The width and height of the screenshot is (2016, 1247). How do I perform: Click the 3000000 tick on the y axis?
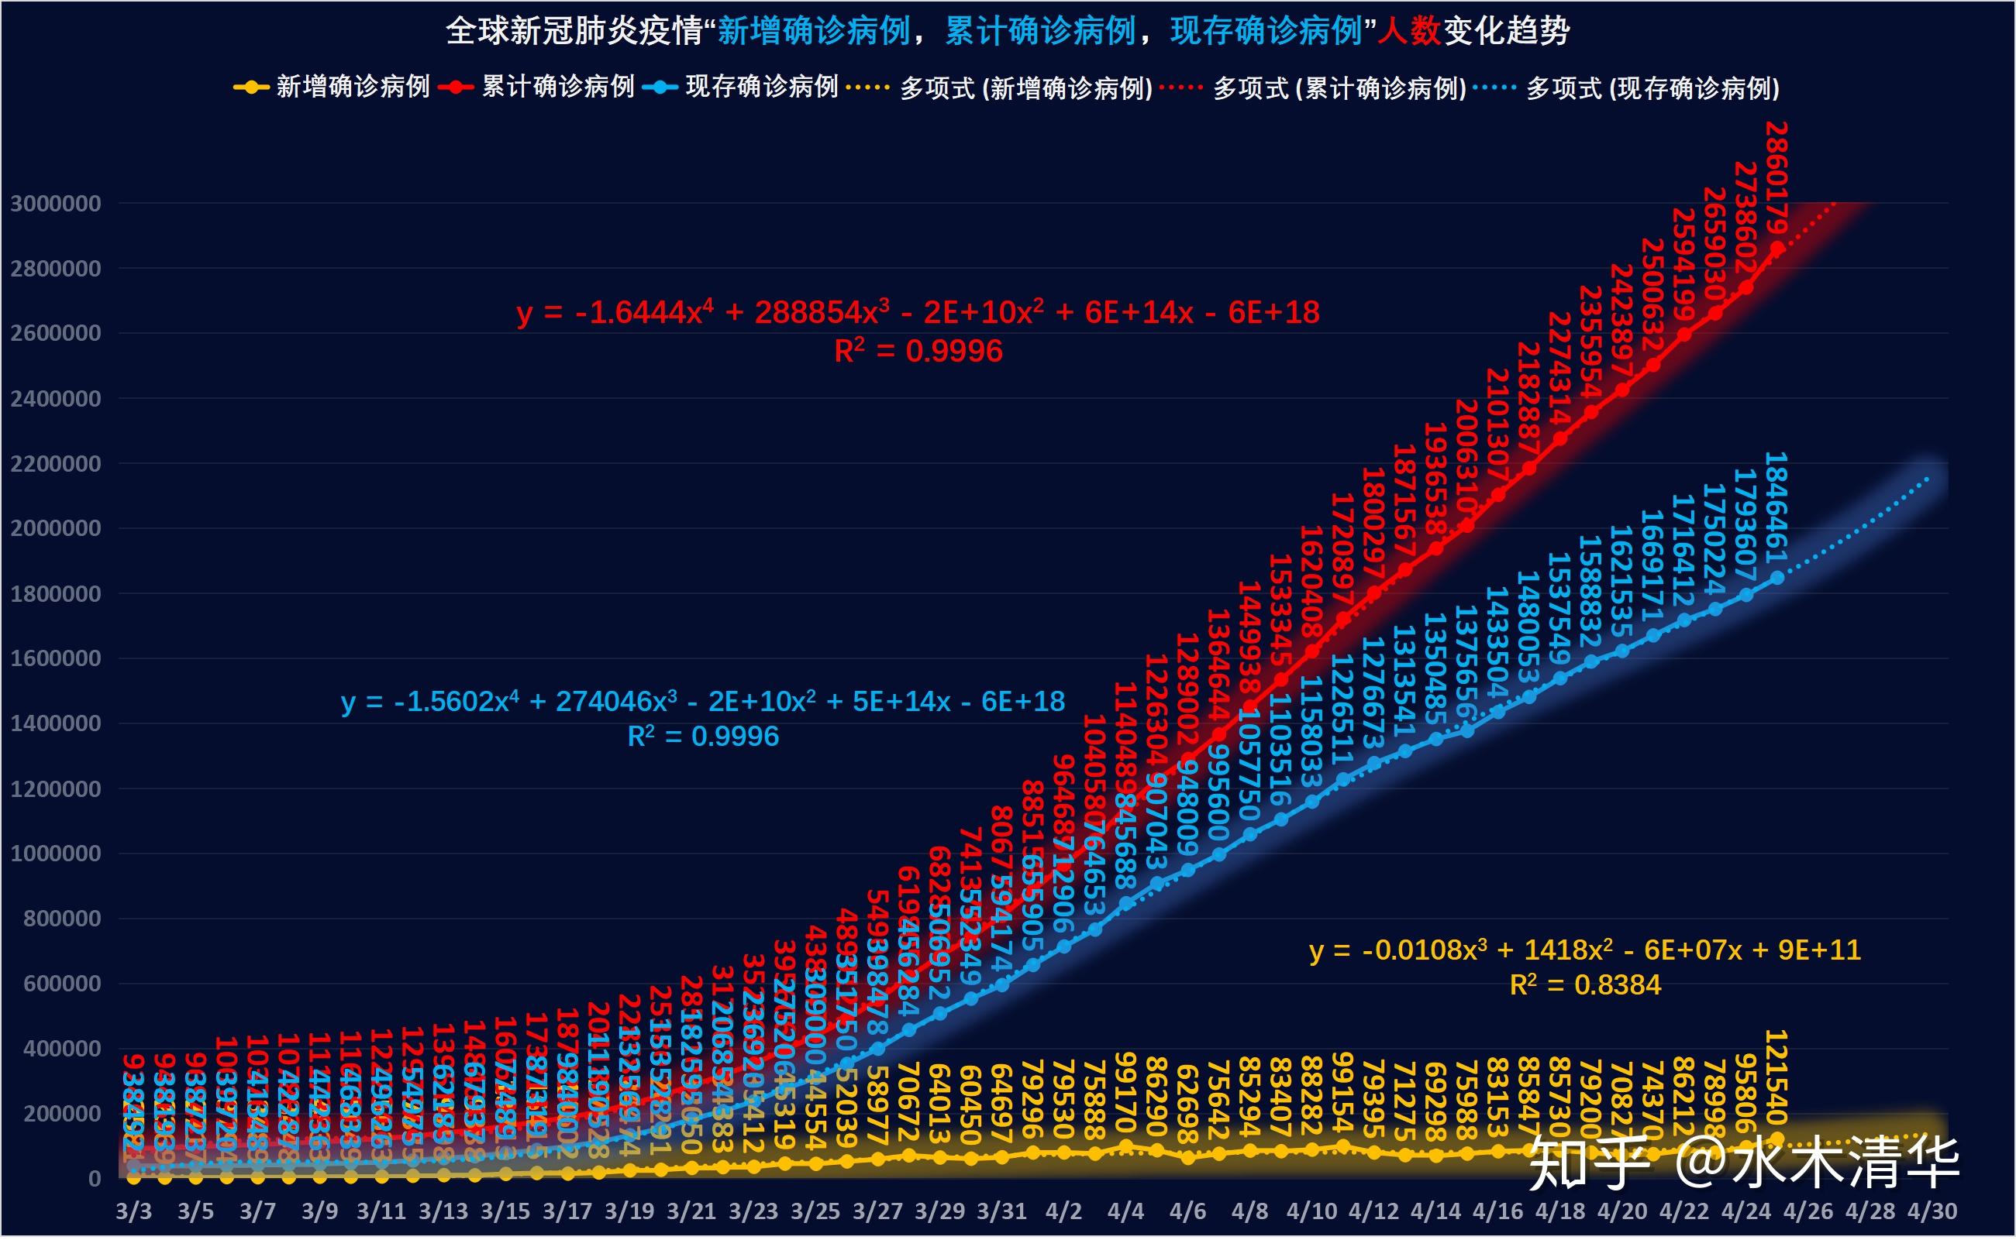[55, 204]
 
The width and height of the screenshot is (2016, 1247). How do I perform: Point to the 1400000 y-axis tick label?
[55, 724]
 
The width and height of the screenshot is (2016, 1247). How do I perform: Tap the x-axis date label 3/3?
[133, 1211]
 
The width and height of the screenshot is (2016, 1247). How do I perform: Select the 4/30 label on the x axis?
[1931, 1211]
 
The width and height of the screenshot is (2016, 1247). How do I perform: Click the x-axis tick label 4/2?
[1063, 1211]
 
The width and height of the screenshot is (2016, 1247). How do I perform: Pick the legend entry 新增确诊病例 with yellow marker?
[332, 87]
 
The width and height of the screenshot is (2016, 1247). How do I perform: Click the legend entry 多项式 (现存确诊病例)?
[1626, 88]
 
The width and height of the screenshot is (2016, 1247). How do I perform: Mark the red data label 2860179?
[1776, 178]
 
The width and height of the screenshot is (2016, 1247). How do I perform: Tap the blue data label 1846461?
[1776, 507]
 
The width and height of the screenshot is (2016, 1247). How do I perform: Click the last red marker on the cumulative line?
[1776, 247]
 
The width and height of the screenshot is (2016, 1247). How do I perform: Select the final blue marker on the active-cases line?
[1776, 578]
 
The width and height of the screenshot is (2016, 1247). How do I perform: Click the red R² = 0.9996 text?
[918, 352]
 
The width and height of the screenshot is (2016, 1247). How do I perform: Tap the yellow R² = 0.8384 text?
[1584, 984]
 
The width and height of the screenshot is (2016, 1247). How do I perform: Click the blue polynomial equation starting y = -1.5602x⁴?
[702, 702]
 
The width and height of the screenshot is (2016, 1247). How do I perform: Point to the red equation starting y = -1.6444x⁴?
[918, 313]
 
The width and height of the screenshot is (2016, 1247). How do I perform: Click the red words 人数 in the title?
[1409, 31]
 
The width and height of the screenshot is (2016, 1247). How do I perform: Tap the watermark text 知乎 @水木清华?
[1743, 1163]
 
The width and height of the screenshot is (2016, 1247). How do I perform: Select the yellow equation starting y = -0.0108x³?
[1584, 950]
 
